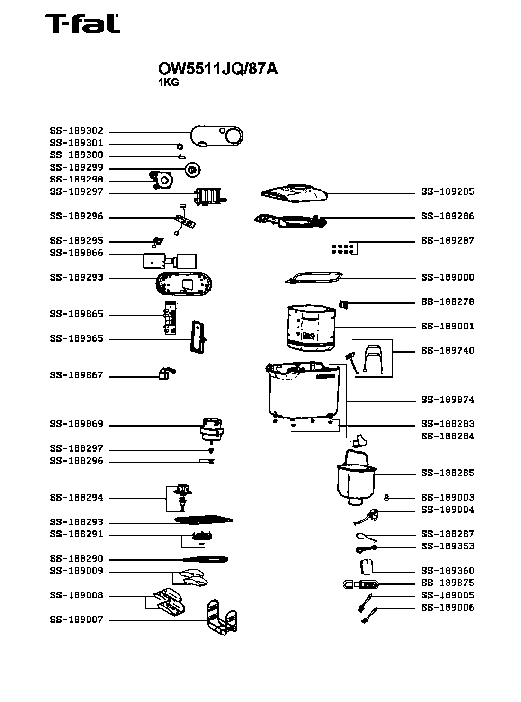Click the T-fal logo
tap(82, 24)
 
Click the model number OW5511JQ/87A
tap(217, 69)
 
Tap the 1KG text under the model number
tap(168, 82)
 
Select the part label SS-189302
tap(76, 131)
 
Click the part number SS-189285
tap(448, 192)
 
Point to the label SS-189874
tap(448, 400)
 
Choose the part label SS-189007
tap(76, 620)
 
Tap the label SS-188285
tap(448, 473)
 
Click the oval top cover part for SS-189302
tap(217, 137)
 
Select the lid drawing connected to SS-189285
tap(294, 192)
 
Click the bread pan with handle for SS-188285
tap(356, 479)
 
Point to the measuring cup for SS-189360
tap(365, 567)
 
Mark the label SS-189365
tap(76, 339)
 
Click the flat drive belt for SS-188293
tap(204, 520)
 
